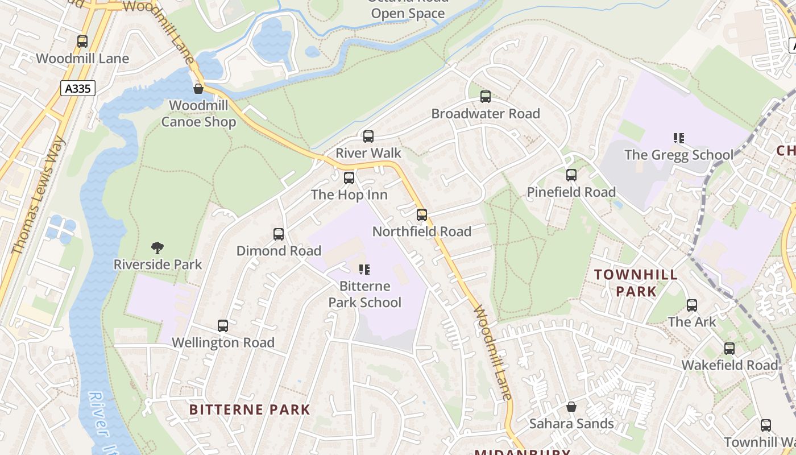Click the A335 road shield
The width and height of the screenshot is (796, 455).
[77, 88]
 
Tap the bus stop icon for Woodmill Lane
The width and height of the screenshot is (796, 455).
[82, 42]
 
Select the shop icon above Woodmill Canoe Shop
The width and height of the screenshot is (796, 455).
[198, 89]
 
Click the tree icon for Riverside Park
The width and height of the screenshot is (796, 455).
[157, 247]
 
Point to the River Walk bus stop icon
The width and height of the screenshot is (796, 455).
[368, 136]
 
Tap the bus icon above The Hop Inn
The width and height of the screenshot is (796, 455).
[349, 178]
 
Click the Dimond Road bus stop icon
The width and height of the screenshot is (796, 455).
[279, 234]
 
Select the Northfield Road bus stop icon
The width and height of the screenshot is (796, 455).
[422, 215]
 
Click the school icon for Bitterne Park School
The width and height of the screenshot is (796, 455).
[364, 269]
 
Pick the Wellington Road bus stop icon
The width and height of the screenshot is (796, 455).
[223, 326]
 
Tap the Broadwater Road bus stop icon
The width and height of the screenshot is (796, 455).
[486, 97]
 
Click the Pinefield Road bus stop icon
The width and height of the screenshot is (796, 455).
[571, 175]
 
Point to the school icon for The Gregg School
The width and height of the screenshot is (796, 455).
[678, 138]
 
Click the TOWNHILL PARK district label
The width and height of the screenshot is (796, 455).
[636, 283]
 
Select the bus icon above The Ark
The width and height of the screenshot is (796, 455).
[692, 305]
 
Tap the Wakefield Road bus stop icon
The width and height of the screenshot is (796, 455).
[729, 349]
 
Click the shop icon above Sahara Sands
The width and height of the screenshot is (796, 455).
[571, 407]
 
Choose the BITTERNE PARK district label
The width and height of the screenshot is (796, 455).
[250, 409]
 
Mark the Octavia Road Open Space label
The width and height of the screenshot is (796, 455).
[408, 8]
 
